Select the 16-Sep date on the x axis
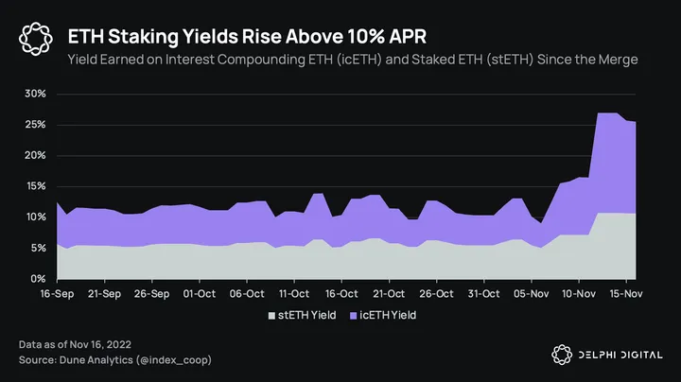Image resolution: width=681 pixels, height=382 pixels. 57,294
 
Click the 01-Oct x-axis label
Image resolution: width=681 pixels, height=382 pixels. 199,294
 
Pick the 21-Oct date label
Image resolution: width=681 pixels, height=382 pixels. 388,294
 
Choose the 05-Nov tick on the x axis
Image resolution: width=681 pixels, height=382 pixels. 530,294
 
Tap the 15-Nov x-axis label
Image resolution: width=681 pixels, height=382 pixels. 624,294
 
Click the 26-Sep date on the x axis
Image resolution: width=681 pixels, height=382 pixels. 151,294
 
